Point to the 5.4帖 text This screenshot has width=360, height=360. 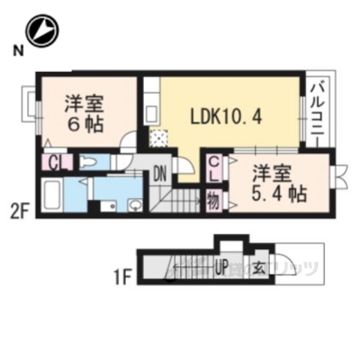tap(279, 196)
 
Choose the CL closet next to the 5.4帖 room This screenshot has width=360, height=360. tap(214, 167)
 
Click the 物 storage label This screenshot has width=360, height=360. tap(213, 201)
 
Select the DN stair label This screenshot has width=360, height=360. tap(160, 175)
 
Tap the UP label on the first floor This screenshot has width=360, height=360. tap(222, 265)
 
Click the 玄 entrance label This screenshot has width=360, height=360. tap(256, 265)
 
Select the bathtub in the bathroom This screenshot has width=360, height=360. tap(54, 196)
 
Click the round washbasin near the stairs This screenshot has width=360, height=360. tap(135, 203)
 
